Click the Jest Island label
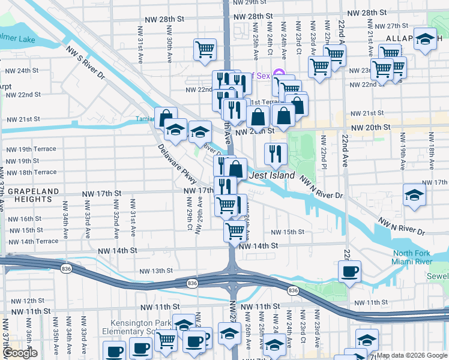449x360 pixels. [272, 176]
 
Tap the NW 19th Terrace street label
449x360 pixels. [31, 149]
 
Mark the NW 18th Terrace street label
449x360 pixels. [31, 172]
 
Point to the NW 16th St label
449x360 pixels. [25, 219]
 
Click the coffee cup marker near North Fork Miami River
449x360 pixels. [349, 270]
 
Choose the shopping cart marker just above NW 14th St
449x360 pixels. [235, 230]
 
